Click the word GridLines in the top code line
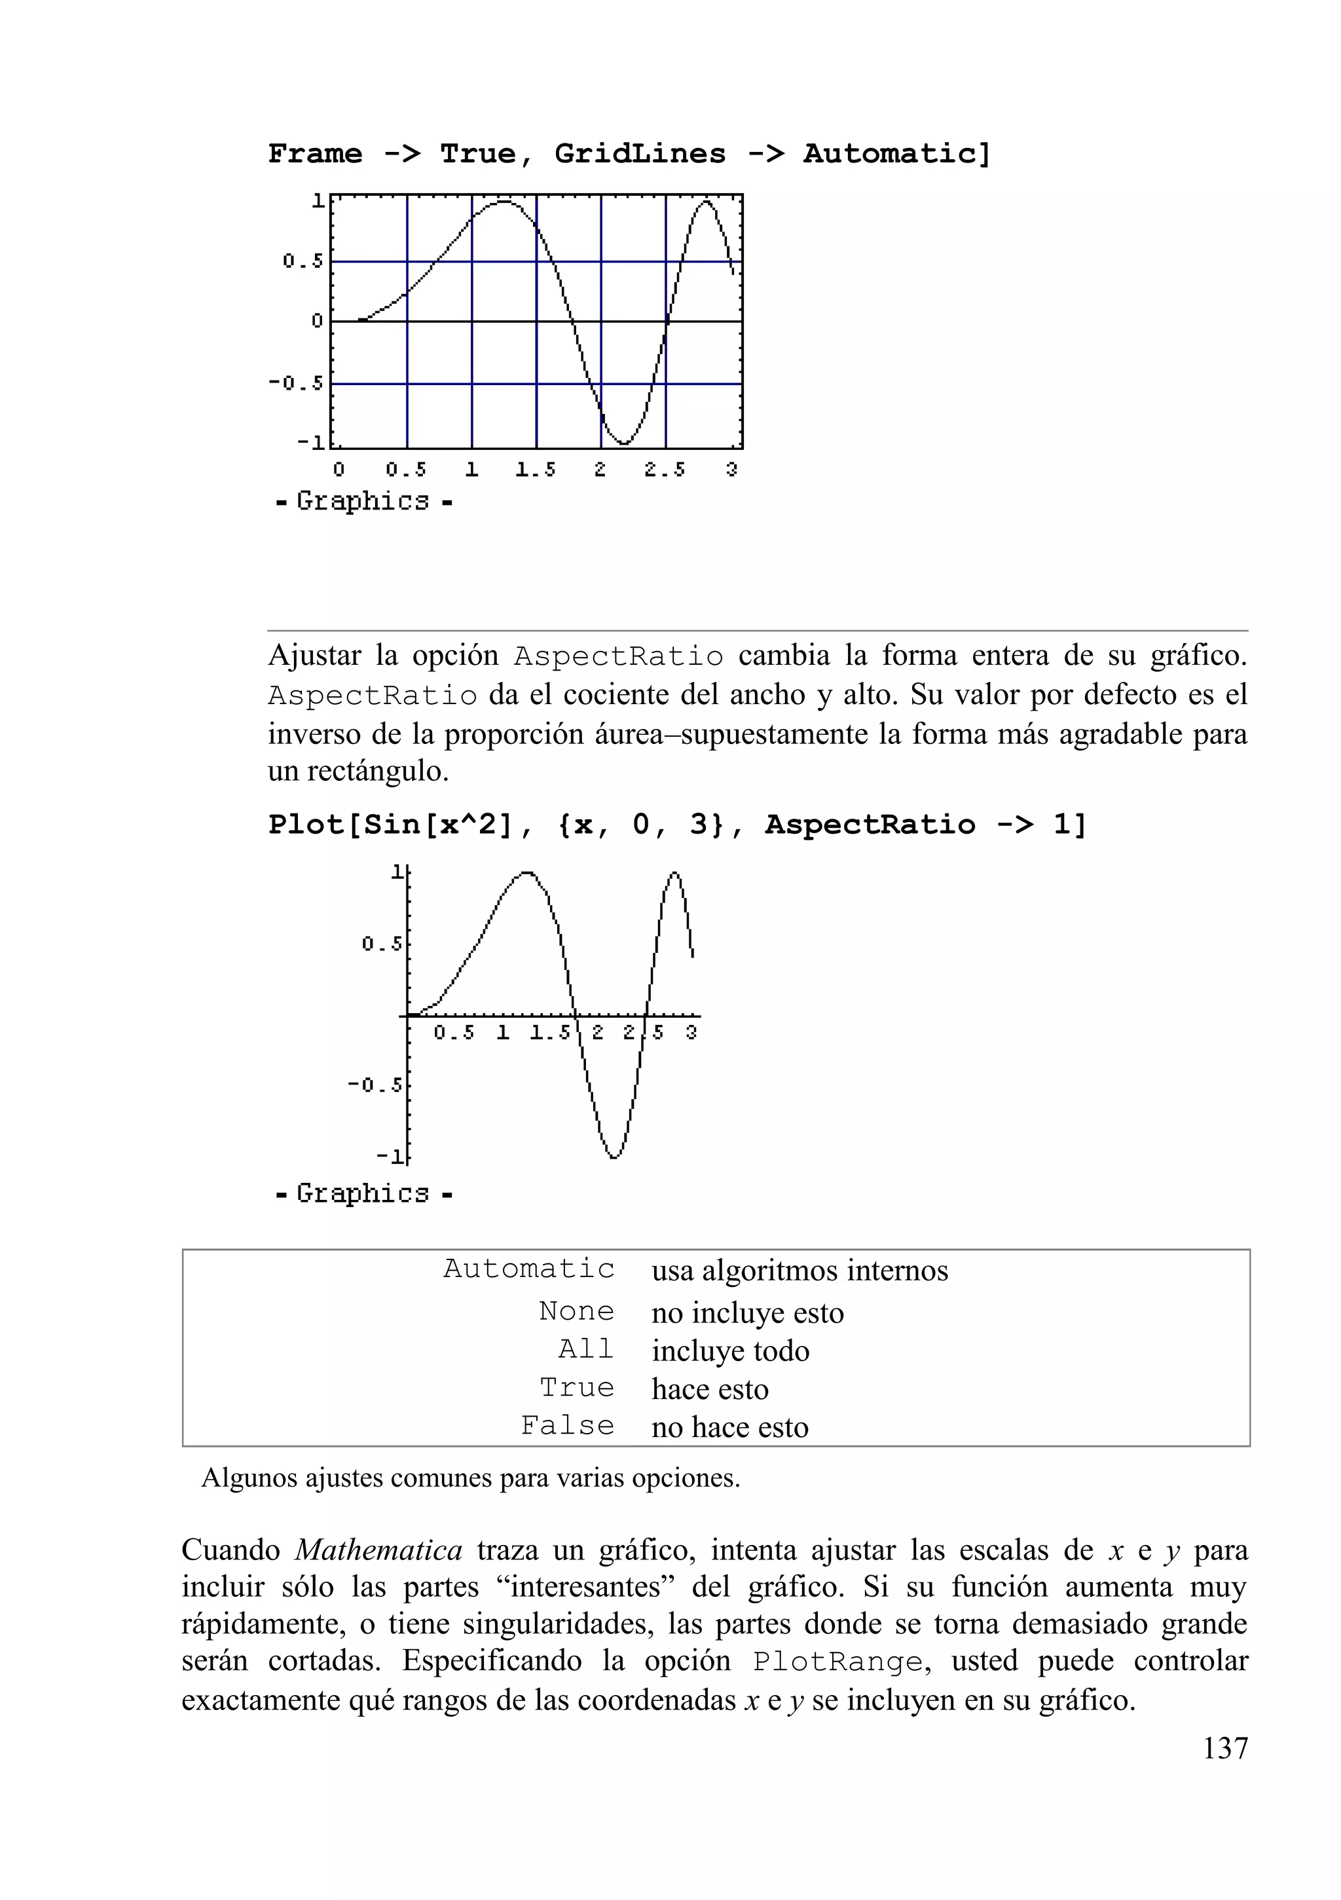640,154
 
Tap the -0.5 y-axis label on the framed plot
295,383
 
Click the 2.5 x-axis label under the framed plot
665,470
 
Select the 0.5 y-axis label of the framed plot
303,261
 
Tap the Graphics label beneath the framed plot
363,502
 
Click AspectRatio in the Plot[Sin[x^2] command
870,825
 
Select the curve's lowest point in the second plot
614,1157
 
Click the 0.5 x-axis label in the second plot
454,1033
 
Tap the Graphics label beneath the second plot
363,1193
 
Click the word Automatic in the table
528,1269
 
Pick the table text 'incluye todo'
729,1350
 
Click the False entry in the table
568,1426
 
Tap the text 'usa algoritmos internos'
799,1270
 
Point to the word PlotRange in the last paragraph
837,1662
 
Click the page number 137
1224,1748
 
